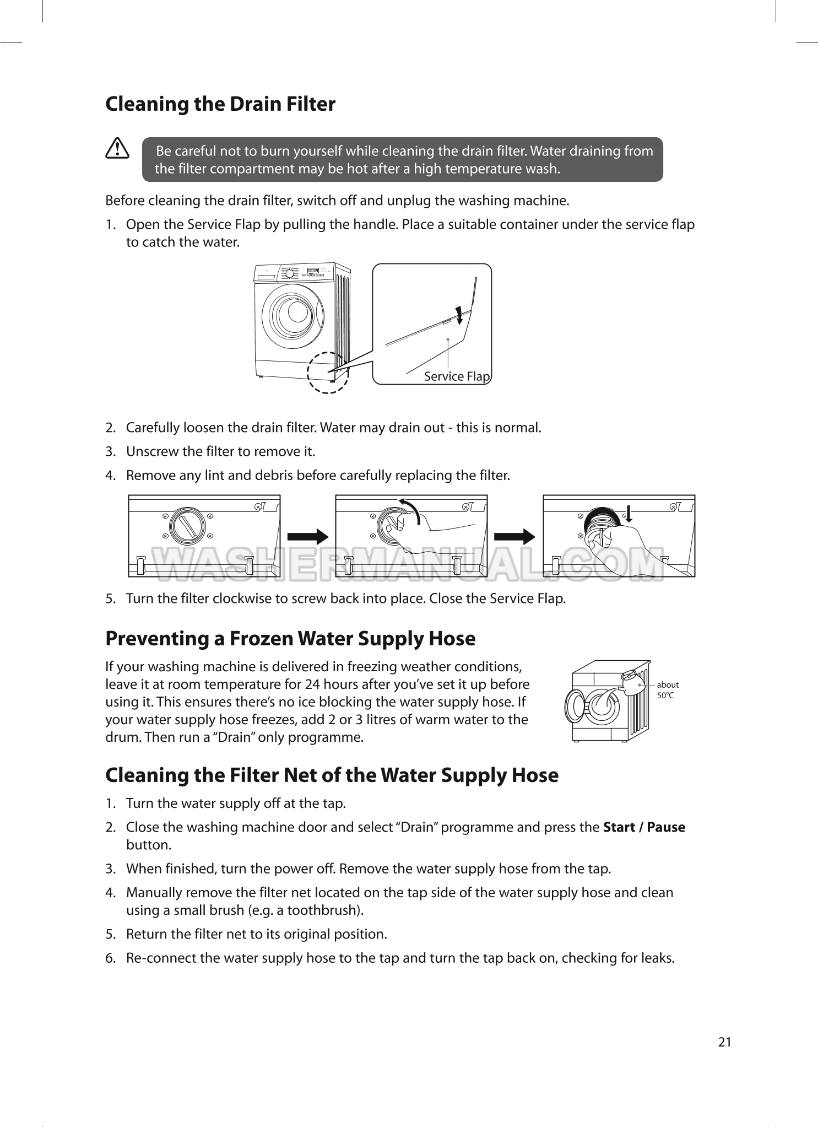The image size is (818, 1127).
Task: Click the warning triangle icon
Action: tap(117, 149)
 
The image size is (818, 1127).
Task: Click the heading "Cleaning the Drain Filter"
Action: tap(220, 104)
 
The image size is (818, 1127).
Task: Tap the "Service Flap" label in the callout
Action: tap(457, 376)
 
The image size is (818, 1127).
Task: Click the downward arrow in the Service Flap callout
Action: tap(459, 314)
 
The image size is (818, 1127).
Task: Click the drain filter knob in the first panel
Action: tap(187, 525)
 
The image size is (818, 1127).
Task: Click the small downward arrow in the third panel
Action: tap(629, 512)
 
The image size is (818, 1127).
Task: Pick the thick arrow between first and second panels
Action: tap(308, 537)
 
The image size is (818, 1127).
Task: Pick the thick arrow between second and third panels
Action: tap(515, 537)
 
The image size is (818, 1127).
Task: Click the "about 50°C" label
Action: tap(668, 690)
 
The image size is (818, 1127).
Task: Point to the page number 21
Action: tap(725, 1042)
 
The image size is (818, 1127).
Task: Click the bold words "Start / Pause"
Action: tap(644, 827)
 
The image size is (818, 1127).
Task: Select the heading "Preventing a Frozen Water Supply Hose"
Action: tap(290, 639)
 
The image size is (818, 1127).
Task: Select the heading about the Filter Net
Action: tap(332, 775)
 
